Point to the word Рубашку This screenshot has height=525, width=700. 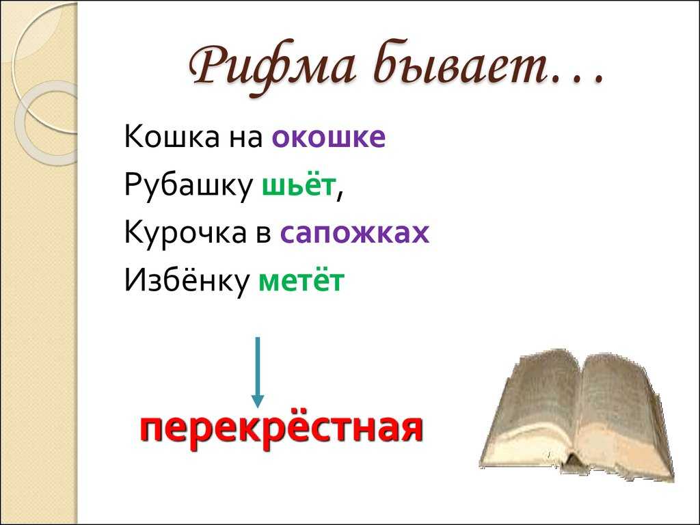point(188,185)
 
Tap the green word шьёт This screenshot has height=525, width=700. point(298,185)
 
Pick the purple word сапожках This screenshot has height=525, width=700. point(355,234)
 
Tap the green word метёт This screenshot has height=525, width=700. point(301,280)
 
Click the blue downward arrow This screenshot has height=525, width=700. point(257,372)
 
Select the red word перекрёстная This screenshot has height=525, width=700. point(281,429)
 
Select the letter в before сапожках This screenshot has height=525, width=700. point(263,234)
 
